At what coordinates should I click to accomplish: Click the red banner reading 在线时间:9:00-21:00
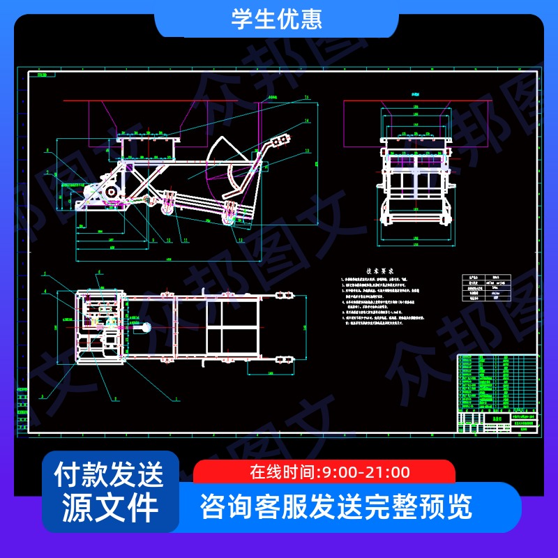click(324, 472)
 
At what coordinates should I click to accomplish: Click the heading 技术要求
click(381, 271)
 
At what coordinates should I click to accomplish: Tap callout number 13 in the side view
click(306, 150)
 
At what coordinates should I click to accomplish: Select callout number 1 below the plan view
click(176, 400)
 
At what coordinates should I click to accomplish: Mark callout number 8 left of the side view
click(46, 150)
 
